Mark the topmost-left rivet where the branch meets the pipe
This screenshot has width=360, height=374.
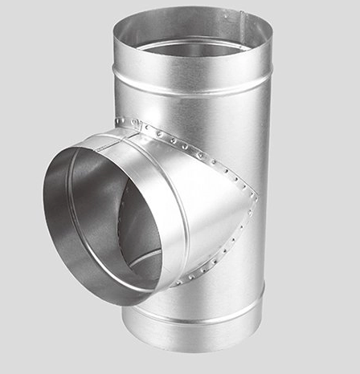coord(120,121)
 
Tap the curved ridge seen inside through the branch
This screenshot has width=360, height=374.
coord(145,257)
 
